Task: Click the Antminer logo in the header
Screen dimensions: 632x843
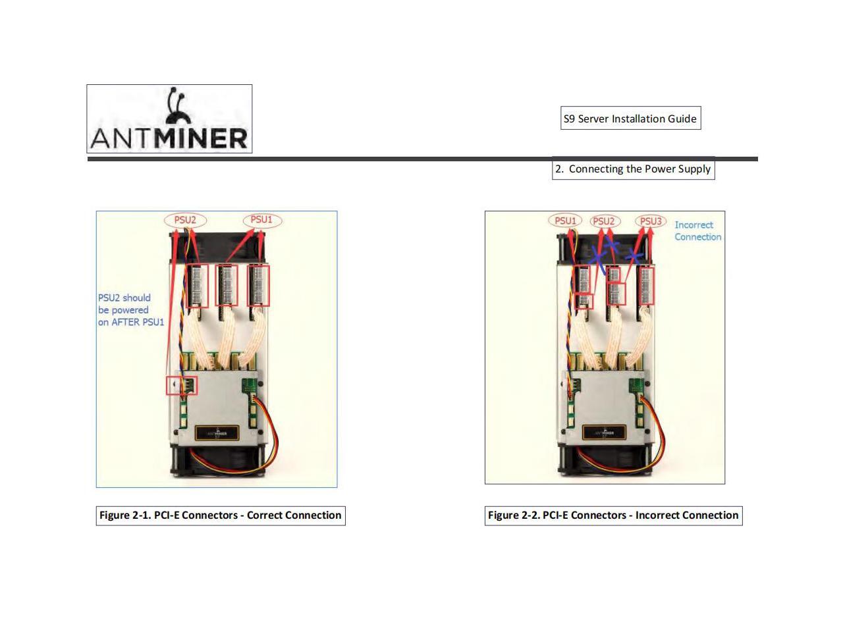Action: tap(169, 119)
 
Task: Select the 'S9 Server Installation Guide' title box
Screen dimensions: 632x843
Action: tap(630, 118)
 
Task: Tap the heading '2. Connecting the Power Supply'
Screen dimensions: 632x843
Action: tap(633, 169)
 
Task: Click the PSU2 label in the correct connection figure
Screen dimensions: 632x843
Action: tap(185, 220)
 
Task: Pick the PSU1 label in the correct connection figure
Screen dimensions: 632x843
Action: tap(261, 219)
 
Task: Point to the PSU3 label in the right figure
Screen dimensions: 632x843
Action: tap(651, 221)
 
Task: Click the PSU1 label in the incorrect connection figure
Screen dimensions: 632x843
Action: tap(565, 221)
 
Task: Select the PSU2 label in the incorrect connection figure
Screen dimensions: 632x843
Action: tap(604, 221)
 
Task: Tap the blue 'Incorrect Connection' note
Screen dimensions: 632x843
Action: tap(697, 230)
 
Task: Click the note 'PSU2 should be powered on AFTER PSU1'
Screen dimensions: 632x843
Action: tap(130, 309)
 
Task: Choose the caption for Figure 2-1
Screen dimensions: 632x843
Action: tap(221, 515)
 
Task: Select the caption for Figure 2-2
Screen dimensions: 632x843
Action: tap(613, 515)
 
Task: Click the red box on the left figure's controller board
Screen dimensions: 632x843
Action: tap(182, 385)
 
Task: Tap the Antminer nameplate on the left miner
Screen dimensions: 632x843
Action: tap(217, 433)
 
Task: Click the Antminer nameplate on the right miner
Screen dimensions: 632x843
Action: tap(604, 433)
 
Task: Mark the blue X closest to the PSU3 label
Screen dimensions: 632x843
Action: tap(634, 255)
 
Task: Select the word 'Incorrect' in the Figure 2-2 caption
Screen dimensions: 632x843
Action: tap(659, 515)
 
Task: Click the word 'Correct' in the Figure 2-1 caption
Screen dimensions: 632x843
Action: tap(267, 515)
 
